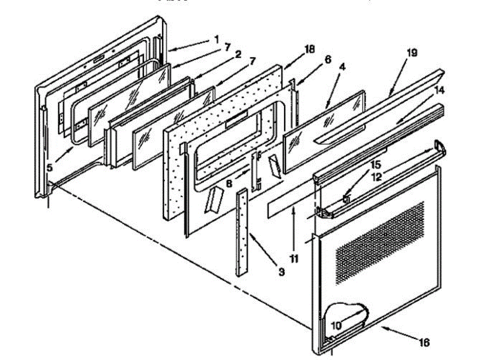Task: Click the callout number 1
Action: (x=216, y=39)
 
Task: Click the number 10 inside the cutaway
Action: (x=335, y=325)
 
